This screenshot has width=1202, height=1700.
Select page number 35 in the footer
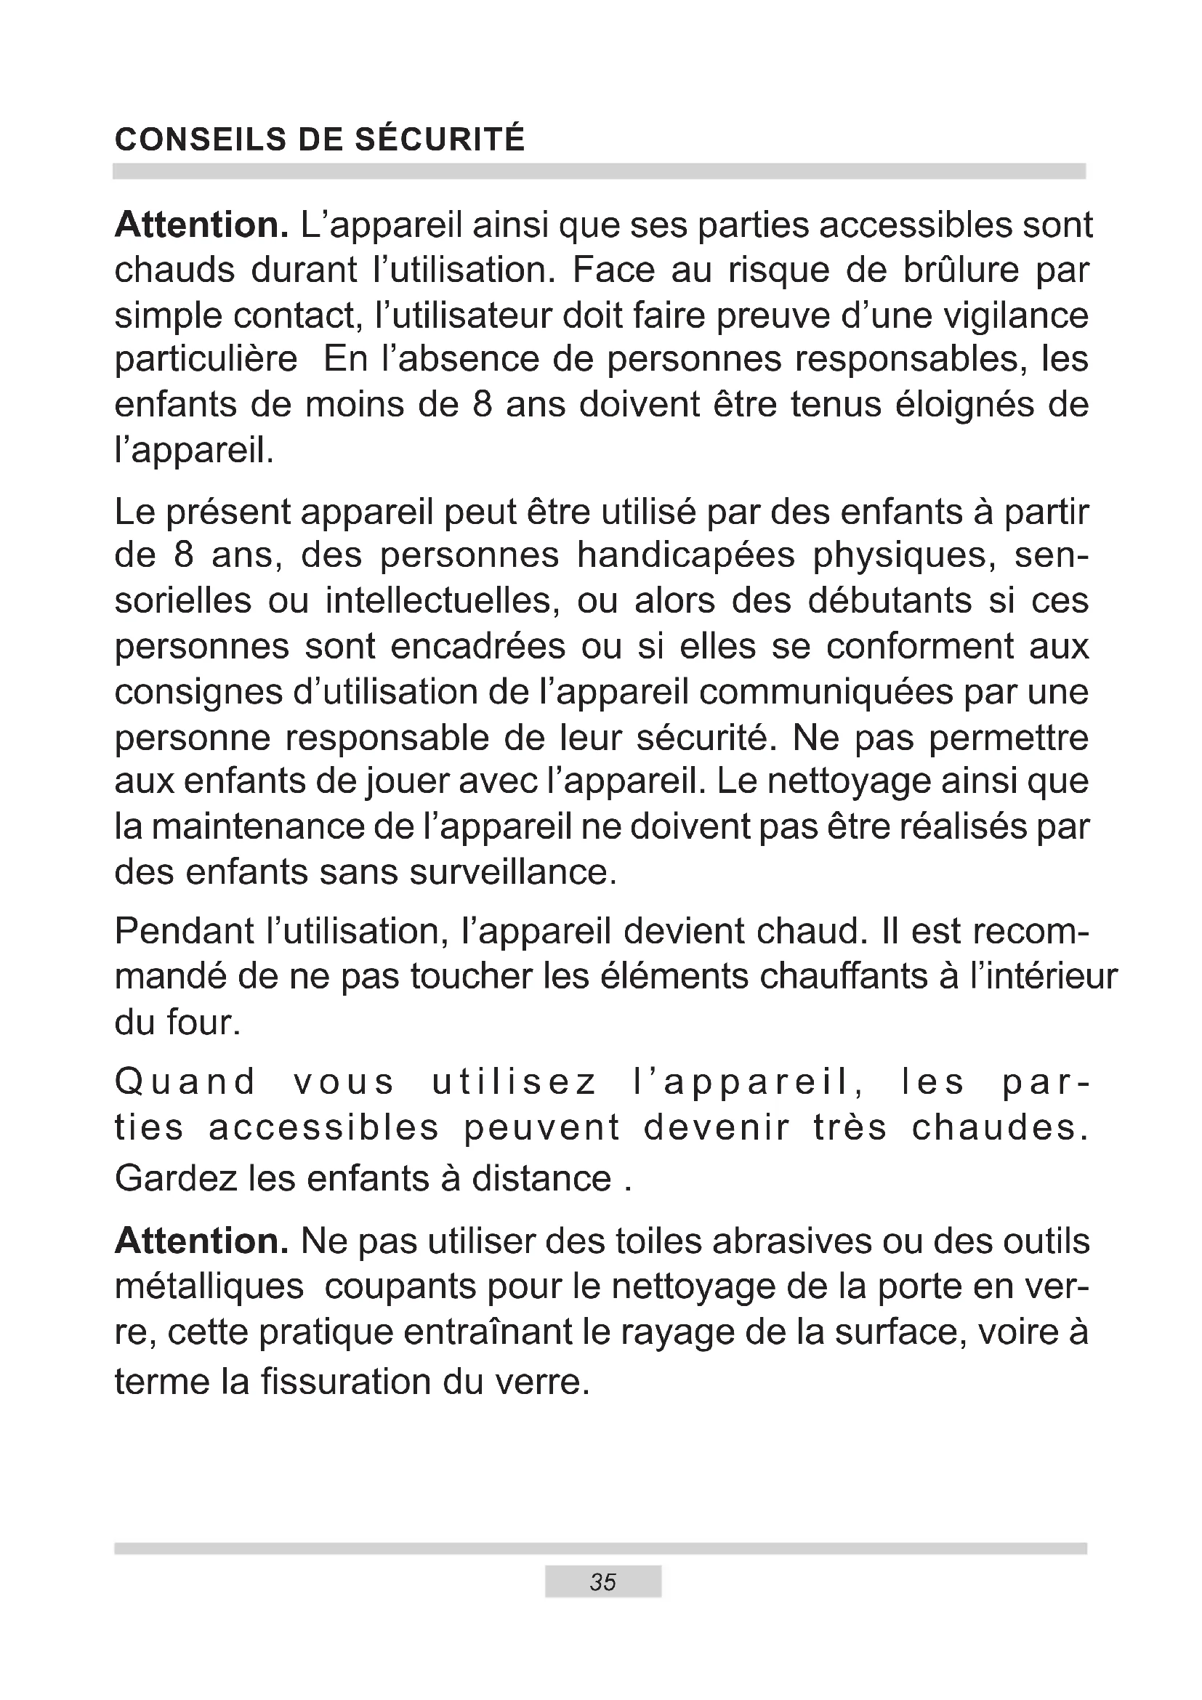pyautogui.click(x=602, y=1582)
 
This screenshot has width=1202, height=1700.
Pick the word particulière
pyautogui.click(x=206, y=360)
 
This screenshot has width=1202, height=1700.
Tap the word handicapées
pyautogui.click(x=685, y=555)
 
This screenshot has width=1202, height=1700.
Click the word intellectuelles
pyautogui.click(x=442, y=601)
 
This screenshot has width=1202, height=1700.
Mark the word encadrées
pyautogui.click(x=477, y=646)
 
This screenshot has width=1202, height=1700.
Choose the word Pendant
pyautogui.click(x=185, y=932)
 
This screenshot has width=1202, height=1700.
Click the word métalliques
pyautogui.click(x=209, y=1287)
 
